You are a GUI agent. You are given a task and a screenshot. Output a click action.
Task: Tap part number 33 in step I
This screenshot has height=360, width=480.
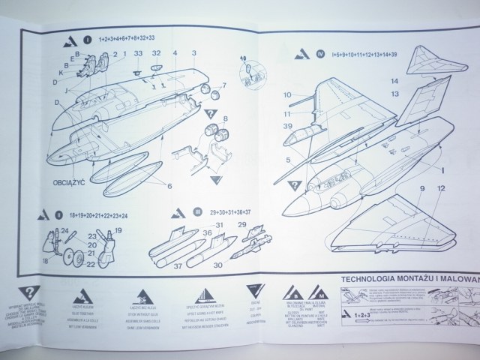pos(139,54)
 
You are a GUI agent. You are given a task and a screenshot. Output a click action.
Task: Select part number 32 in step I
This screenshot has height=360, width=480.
pos(156,54)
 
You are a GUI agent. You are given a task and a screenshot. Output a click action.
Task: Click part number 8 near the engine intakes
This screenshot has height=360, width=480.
pos(226,118)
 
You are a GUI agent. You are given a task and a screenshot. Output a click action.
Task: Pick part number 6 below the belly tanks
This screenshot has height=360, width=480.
pos(169,185)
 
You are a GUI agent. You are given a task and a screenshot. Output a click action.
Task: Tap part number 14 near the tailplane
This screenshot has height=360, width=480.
pos(416,80)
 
